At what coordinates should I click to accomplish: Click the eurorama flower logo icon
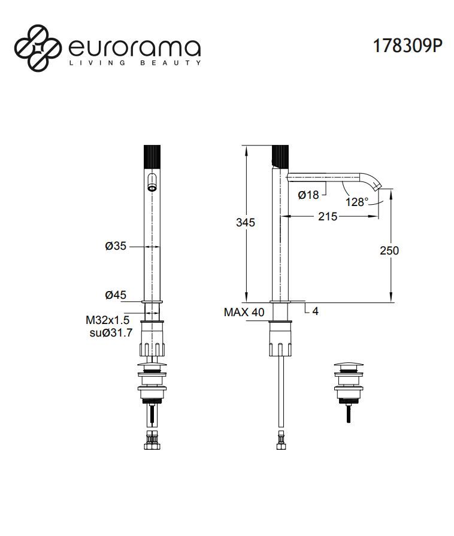pyautogui.click(x=37, y=46)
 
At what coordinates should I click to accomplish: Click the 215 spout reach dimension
pyautogui.click(x=327, y=216)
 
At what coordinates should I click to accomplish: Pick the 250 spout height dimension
pyautogui.click(x=389, y=250)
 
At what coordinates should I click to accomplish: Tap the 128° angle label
pyautogui.click(x=358, y=202)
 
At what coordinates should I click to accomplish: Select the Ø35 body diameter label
pyautogui.click(x=115, y=246)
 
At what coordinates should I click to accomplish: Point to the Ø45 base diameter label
pyautogui.click(x=115, y=295)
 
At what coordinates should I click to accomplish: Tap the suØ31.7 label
pyautogui.click(x=107, y=333)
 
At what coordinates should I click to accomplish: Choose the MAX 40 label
pyautogui.click(x=244, y=312)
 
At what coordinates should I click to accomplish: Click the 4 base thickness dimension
pyautogui.click(x=316, y=312)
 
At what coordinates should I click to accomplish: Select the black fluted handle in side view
pyautogui.click(x=280, y=157)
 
